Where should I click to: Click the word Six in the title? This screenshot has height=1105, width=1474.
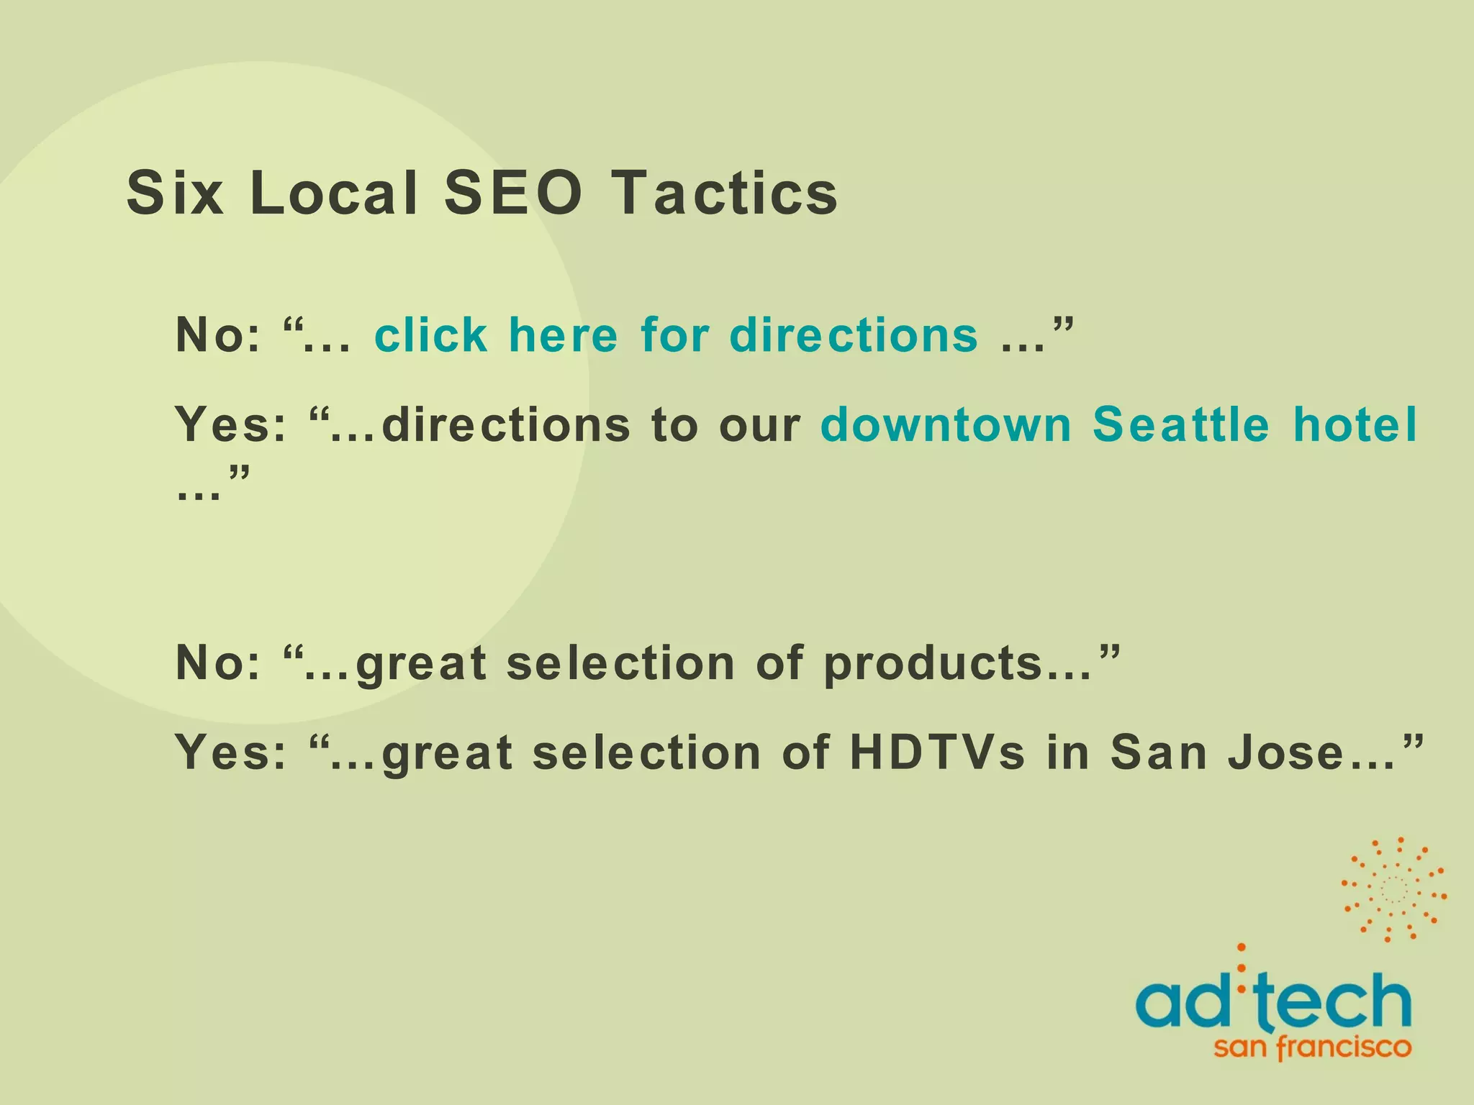(175, 193)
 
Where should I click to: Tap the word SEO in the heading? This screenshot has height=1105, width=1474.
(512, 193)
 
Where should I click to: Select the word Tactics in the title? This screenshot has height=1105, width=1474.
(725, 193)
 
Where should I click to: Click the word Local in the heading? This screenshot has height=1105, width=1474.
(334, 193)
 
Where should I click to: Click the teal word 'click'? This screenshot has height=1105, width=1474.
(431, 335)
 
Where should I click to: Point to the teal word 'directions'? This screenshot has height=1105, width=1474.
(854, 335)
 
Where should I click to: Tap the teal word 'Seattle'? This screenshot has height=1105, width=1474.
(1181, 424)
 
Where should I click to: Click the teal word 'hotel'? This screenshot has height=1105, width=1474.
(1355, 424)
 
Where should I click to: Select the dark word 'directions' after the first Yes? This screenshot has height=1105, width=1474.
(506, 424)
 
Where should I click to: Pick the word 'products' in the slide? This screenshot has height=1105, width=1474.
(933, 663)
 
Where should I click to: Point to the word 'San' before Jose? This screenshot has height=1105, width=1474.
(1159, 752)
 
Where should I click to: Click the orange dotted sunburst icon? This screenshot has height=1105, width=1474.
(1393, 889)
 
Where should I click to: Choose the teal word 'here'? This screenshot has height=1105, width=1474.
(563, 335)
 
